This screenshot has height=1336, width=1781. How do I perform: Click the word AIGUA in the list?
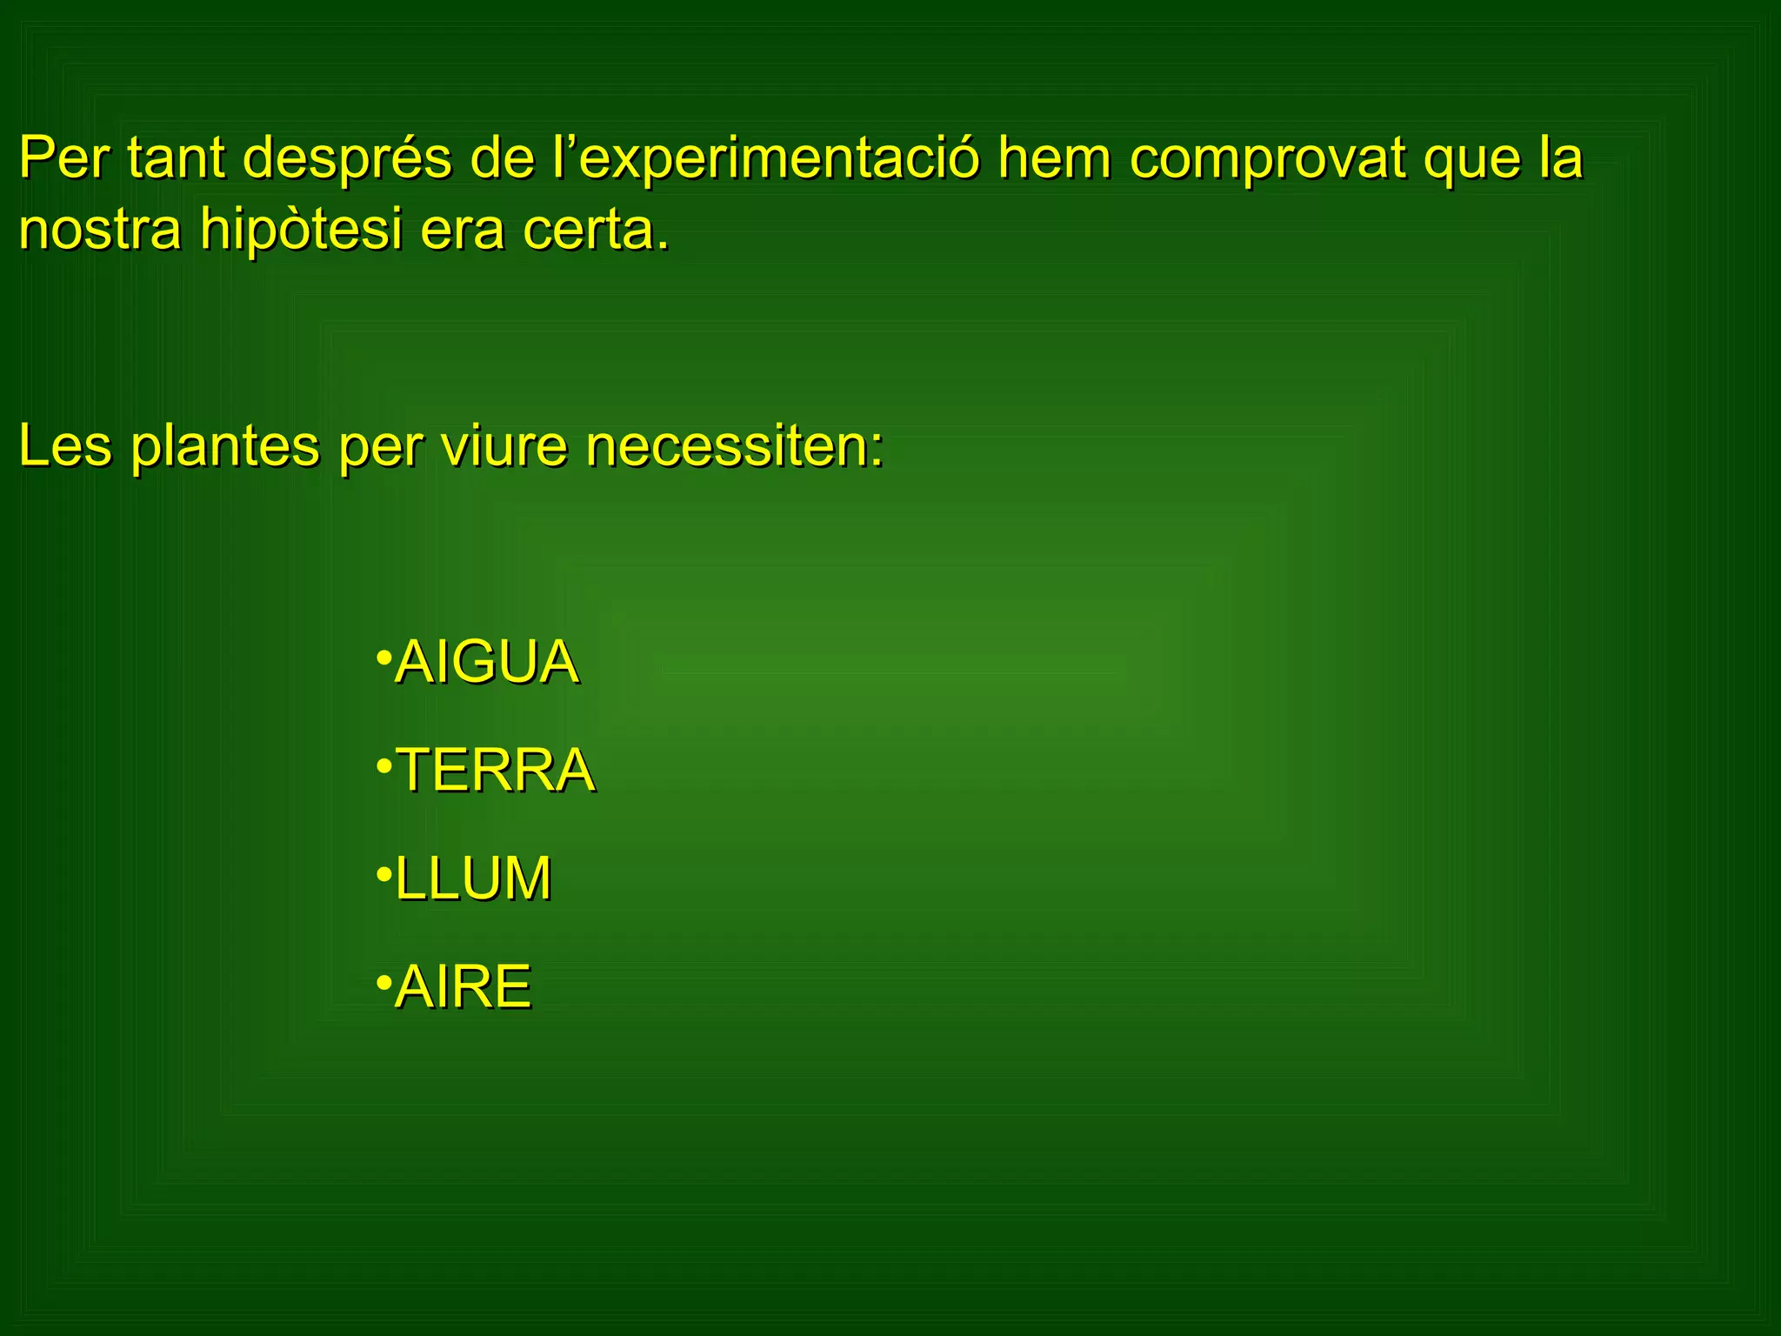pyautogui.click(x=486, y=663)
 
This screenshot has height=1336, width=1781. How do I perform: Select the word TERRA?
pyautogui.click(x=495, y=771)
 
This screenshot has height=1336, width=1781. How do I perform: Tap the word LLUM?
pyautogui.click(x=473, y=878)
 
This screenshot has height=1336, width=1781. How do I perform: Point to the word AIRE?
pyautogui.click(x=463, y=987)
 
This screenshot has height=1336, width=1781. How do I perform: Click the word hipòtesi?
pyautogui.click(x=301, y=230)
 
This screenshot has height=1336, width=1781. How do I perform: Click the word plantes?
pyautogui.click(x=225, y=447)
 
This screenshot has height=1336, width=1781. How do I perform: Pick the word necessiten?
pyautogui.click(x=734, y=447)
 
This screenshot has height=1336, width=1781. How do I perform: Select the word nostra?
pyautogui.click(x=100, y=230)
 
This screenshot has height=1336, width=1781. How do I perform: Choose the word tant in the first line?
pyautogui.click(x=176, y=159)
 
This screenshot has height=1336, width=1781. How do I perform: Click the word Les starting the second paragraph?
pyautogui.click(x=65, y=447)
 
